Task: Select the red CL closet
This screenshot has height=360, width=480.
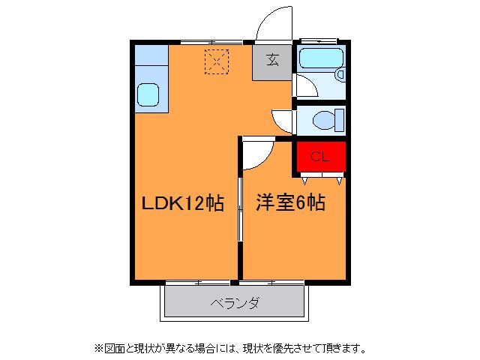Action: (x=319, y=157)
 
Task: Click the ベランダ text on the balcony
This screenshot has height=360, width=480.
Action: (x=235, y=303)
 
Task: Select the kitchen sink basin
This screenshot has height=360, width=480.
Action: (x=148, y=94)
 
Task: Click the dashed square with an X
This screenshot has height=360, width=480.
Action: (x=216, y=61)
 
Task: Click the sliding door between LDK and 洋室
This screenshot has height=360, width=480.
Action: (x=240, y=210)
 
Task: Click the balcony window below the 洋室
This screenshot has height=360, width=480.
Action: (x=271, y=282)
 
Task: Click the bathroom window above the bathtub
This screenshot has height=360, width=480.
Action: (x=320, y=40)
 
